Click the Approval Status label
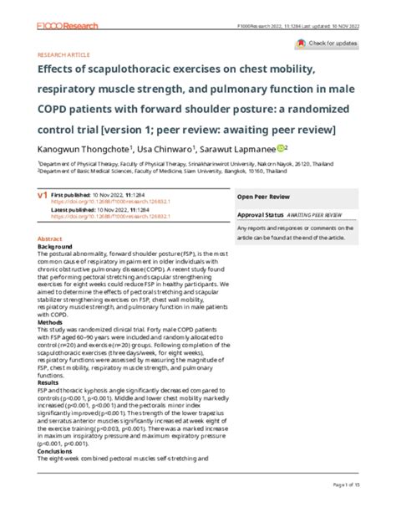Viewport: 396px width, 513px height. click(x=260, y=214)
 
